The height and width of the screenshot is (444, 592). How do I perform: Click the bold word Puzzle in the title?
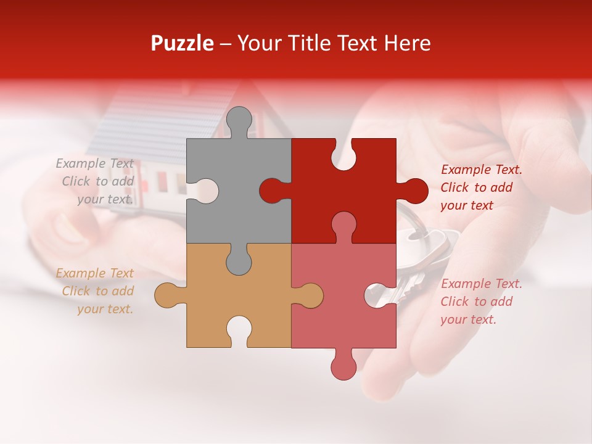(x=182, y=43)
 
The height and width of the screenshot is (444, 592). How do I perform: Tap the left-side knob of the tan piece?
(x=168, y=295)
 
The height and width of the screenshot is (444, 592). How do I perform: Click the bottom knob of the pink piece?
(x=343, y=365)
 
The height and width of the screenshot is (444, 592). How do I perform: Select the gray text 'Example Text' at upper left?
(x=94, y=163)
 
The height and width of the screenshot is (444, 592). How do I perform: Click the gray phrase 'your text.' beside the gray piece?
(x=105, y=199)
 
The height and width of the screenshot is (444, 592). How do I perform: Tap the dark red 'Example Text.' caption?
(x=482, y=170)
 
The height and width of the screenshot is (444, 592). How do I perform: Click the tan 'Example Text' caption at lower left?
(x=94, y=273)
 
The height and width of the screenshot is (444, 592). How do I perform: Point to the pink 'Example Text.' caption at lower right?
(x=482, y=284)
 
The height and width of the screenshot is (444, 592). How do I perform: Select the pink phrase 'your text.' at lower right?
(x=468, y=319)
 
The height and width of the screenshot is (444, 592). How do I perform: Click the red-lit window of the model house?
(x=163, y=180)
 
